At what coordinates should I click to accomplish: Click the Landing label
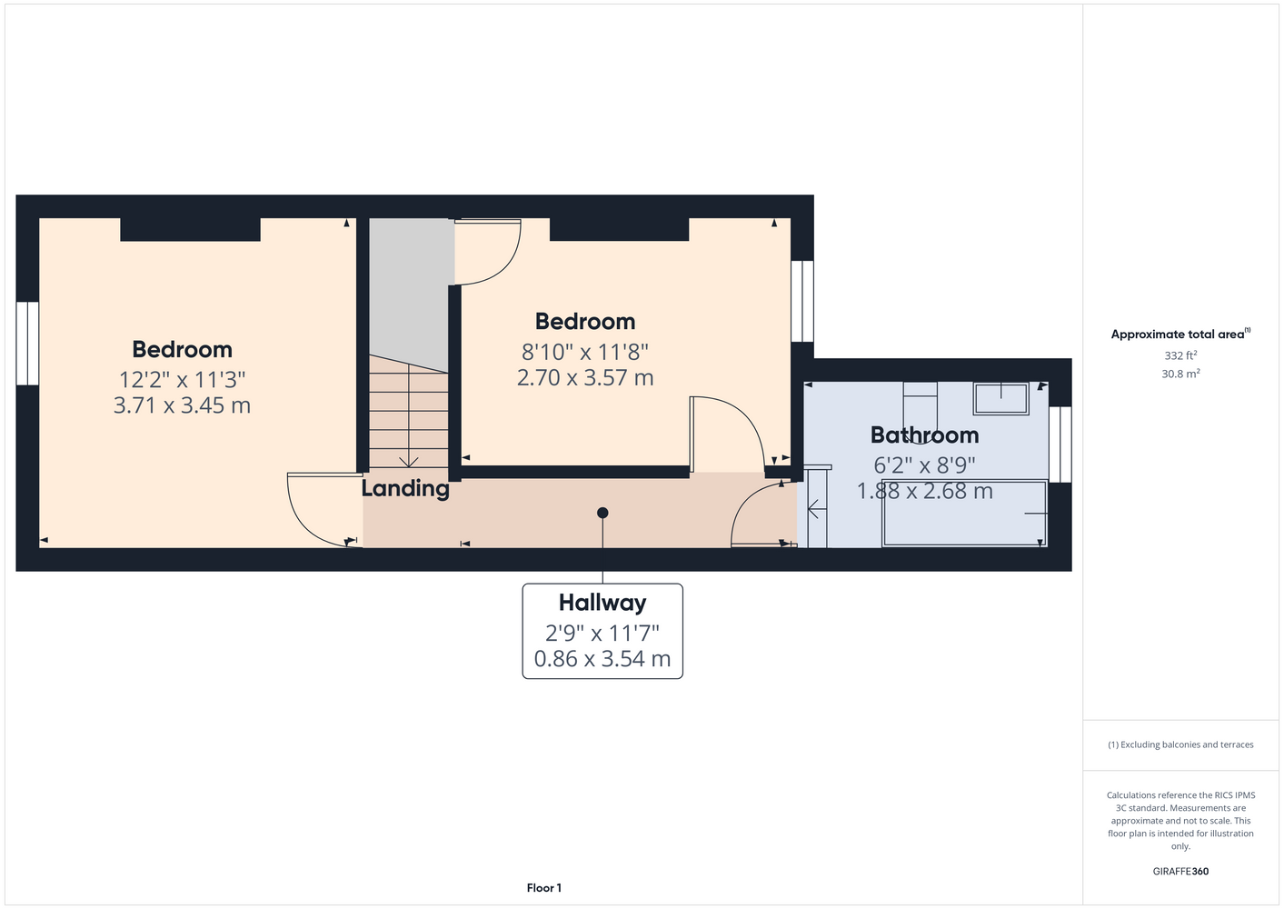[405, 489]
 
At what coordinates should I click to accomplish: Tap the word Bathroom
[924, 435]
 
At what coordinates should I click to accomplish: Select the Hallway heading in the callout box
[602, 603]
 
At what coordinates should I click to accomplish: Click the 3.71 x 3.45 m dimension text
[182, 405]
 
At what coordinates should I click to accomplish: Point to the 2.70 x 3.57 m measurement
[584, 378]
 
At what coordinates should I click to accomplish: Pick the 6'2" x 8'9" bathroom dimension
[924, 465]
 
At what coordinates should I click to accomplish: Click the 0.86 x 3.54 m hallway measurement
[602, 659]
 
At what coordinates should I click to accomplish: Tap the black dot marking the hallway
[602, 513]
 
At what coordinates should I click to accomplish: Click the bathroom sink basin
[1000, 398]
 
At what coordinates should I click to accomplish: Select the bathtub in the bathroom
[965, 513]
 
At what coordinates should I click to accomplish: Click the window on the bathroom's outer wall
[1060, 445]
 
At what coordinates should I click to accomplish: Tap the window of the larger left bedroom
[27, 344]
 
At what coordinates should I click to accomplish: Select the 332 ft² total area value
[1180, 355]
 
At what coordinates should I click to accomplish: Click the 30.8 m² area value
[1180, 374]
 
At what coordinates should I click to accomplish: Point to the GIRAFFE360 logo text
[1180, 871]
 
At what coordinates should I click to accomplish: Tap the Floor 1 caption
[544, 888]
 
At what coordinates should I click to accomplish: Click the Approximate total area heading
[1180, 334]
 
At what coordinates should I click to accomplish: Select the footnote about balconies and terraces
[1180, 744]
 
